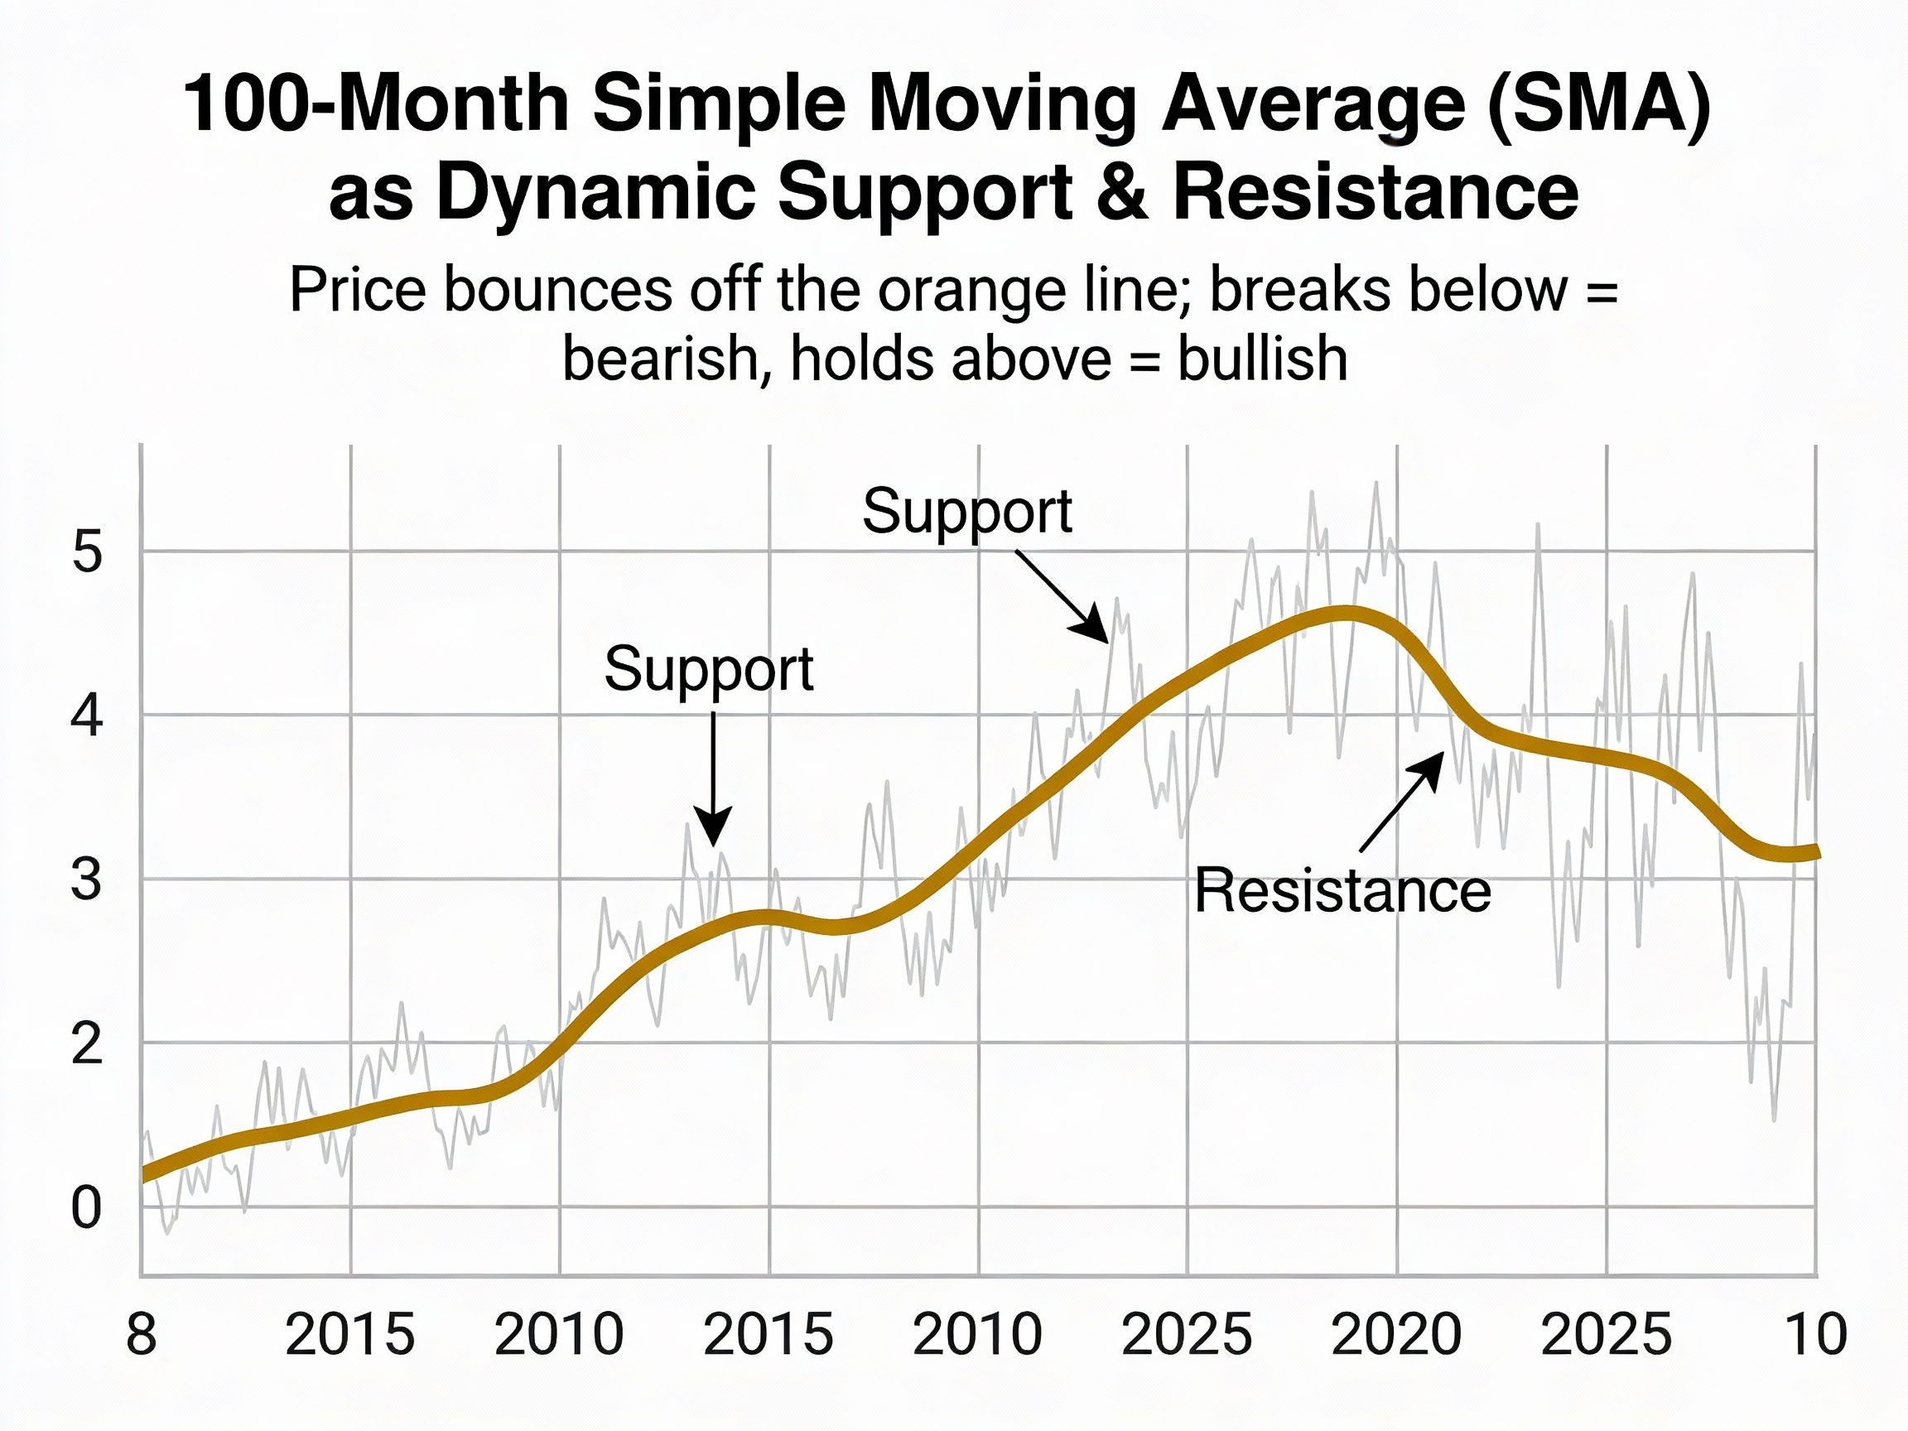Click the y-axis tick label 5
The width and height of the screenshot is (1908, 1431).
86,553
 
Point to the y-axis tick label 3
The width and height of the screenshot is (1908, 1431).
86,880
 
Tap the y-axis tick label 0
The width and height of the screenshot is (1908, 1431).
86,1208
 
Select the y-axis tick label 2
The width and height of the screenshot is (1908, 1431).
86,1044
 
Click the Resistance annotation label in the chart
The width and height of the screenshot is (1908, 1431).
1342,891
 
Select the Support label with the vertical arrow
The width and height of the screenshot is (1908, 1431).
708,668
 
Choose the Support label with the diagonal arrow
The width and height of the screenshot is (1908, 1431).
966,512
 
